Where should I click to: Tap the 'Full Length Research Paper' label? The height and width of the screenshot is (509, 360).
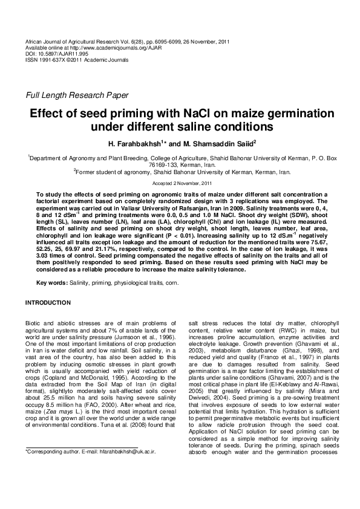(x=76, y=95)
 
